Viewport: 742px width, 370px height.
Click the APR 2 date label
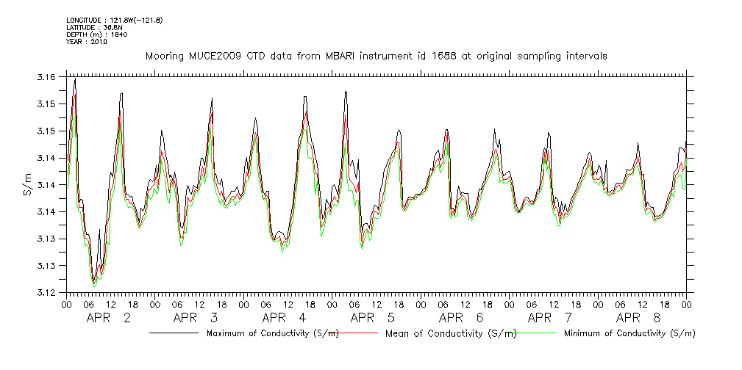(109, 318)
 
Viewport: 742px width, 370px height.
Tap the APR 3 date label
(196, 318)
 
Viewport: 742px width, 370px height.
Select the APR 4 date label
(284, 318)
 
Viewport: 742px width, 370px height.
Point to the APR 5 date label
(372, 318)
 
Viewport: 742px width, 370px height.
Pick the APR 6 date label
(460, 318)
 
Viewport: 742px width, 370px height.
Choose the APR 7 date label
(549, 318)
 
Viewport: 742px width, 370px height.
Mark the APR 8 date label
(638, 318)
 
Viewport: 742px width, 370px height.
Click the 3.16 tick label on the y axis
(46, 77)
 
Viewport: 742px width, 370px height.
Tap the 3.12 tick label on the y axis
(46, 293)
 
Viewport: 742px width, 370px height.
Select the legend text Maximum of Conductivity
(272, 333)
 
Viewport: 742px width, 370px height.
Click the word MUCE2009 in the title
(213, 56)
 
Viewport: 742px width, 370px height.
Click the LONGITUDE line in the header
(114, 19)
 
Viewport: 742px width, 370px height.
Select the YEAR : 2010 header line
(87, 42)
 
